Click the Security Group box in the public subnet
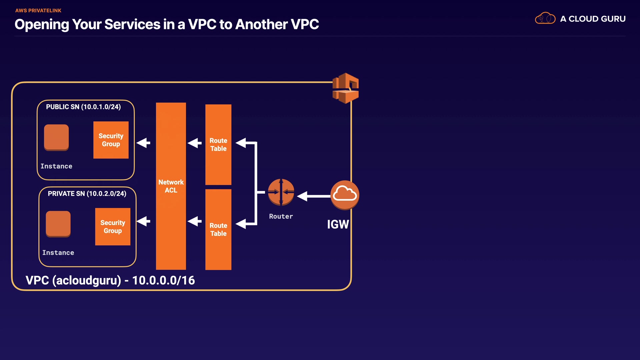click(111, 140)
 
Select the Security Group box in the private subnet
click(113, 227)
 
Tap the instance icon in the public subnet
click(56, 137)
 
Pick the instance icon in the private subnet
click(58, 224)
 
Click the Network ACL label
click(171, 186)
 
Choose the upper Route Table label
click(218, 145)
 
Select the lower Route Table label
click(218, 230)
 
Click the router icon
click(281, 192)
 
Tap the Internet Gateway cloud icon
click(345, 195)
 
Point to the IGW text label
click(338, 224)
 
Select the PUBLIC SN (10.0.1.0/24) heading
click(83, 107)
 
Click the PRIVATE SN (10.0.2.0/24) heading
click(87, 194)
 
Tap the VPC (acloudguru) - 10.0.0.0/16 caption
click(110, 280)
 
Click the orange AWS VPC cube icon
click(346, 88)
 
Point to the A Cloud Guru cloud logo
click(545, 18)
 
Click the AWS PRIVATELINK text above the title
click(38, 11)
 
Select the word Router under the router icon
click(281, 216)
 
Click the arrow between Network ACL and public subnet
click(144, 143)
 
